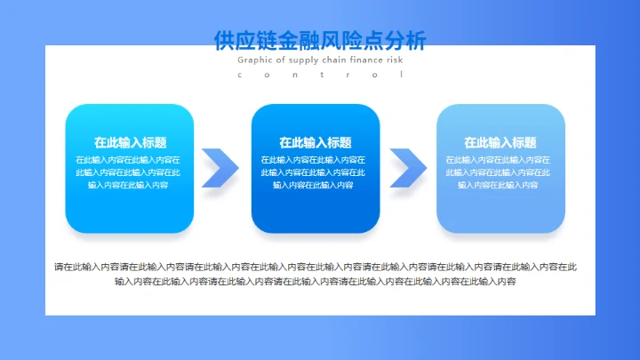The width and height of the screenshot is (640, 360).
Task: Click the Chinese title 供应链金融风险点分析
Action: tap(320, 40)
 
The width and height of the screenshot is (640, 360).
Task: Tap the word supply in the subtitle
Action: tap(301, 60)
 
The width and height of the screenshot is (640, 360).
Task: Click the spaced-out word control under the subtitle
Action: tap(320, 75)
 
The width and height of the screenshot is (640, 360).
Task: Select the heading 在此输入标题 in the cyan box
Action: tap(130, 142)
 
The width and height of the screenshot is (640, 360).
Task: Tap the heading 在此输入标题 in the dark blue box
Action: tap(315, 142)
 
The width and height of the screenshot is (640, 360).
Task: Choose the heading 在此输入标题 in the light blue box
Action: tap(500, 142)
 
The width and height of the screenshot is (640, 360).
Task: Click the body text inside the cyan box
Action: tap(130, 172)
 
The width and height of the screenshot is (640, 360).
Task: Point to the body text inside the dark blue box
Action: tap(315, 172)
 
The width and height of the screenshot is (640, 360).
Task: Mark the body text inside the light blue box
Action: tap(500, 172)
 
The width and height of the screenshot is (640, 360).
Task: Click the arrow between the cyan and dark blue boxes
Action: tap(220, 167)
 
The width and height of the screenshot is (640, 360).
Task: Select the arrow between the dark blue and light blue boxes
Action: tap(407, 167)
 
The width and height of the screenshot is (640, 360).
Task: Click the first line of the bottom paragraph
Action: tap(316, 266)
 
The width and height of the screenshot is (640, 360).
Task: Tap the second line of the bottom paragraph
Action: tap(316, 282)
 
